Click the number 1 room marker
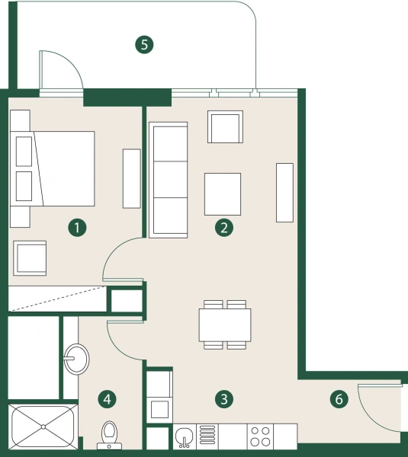tap(76, 226)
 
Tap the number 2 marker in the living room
tap(223, 226)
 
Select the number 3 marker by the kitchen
tap(223, 398)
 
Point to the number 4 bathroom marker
tap(108, 398)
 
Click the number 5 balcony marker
tap(143, 44)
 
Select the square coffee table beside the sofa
tap(223, 193)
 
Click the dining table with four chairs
tap(225, 324)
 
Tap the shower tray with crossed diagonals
tap(42, 430)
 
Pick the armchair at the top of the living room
tap(225, 127)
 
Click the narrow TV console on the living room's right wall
tap(284, 192)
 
